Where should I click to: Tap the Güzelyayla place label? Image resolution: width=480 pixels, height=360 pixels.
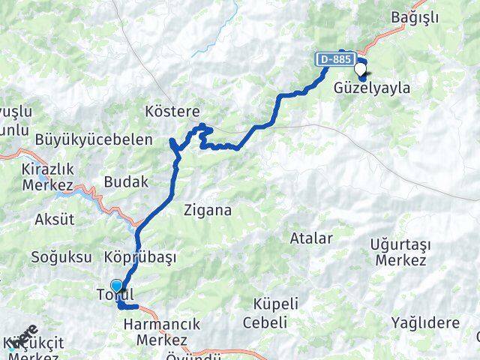point(373,88)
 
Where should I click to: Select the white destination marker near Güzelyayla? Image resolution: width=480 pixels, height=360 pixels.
point(361,70)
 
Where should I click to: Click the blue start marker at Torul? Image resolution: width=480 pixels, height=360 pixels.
point(116,286)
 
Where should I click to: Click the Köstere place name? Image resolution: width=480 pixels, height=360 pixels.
point(172,113)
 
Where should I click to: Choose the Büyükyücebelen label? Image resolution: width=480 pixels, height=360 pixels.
point(94,139)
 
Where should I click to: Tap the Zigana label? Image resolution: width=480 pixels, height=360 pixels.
point(208,211)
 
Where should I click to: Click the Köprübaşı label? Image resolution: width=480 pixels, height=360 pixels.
point(140,257)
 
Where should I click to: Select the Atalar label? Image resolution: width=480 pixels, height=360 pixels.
point(311,238)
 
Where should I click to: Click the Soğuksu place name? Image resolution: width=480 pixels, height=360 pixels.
point(56,257)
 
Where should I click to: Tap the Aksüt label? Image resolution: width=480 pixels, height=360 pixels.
point(55,220)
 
